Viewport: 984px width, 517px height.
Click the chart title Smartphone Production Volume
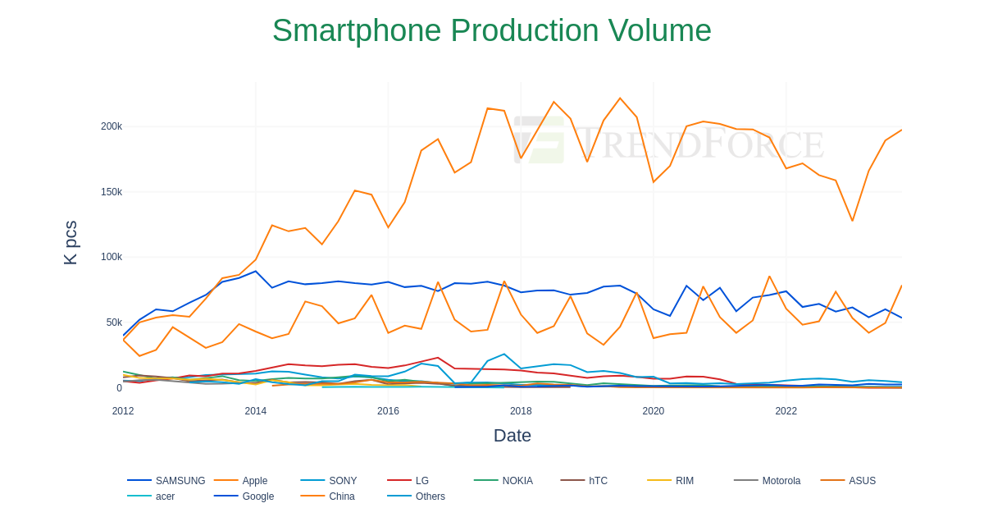pos(492,31)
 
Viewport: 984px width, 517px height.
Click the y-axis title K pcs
pos(71,242)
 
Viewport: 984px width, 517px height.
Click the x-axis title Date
pos(512,436)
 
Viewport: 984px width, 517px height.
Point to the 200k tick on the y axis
pos(112,126)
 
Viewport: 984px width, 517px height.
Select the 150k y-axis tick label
pos(112,192)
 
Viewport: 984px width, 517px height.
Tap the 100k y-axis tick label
pos(112,257)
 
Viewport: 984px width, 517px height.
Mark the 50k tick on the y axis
pos(114,323)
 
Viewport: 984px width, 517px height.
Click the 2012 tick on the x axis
pos(123,411)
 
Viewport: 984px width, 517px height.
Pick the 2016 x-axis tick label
pos(388,411)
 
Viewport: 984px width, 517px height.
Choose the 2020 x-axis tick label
pos(654,411)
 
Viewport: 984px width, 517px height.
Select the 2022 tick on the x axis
pos(786,411)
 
